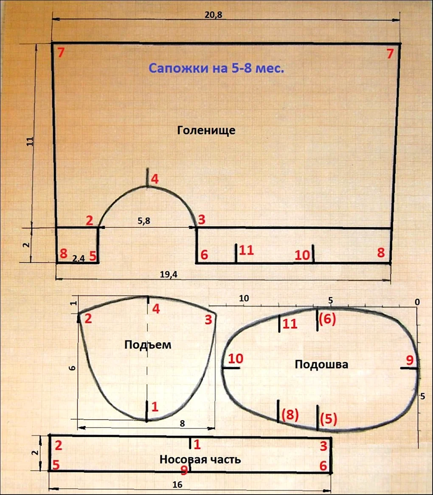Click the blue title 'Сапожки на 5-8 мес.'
(x=216, y=68)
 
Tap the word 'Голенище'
(x=206, y=130)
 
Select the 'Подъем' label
(x=148, y=344)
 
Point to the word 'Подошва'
(x=321, y=364)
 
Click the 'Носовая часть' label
(x=200, y=459)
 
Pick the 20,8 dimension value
(x=214, y=15)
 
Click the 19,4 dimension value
(x=169, y=274)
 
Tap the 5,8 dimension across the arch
(x=144, y=221)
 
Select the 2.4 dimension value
(x=79, y=259)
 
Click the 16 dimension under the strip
(x=177, y=484)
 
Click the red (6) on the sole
(x=327, y=319)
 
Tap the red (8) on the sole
(x=290, y=414)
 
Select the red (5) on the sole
(x=329, y=419)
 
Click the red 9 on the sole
(x=410, y=360)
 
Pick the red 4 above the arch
(x=155, y=179)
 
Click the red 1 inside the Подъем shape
(x=155, y=407)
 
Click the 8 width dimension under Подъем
(x=183, y=423)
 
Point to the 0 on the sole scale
(x=417, y=302)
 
